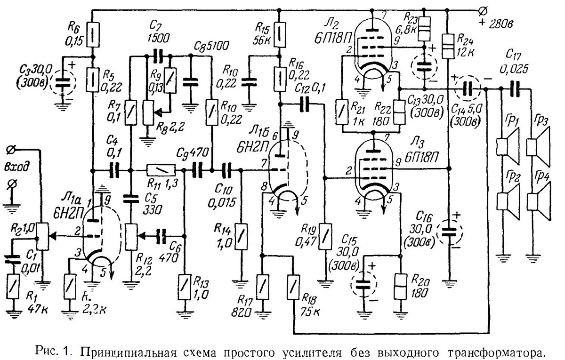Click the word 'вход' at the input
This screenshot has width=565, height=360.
pos(16,167)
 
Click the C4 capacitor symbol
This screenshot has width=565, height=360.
pos(113,170)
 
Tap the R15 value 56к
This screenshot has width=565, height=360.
pos(262,39)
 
